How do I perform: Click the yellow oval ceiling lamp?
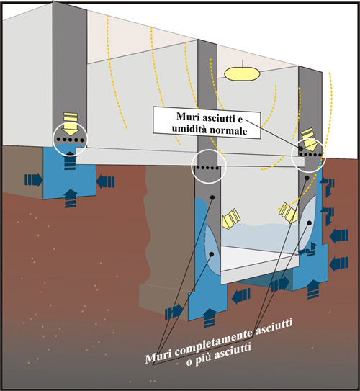pos(242,74)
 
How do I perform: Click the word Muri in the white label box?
pos(187,117)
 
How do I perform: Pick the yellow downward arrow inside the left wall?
pos(71,123)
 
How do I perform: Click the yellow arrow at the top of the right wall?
pos(310,139)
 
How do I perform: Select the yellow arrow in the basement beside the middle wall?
pos(230,219)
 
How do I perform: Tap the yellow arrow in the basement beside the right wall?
pos(289,212)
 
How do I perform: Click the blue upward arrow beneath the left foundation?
pos(71,198)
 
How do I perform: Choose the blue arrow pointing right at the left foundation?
pos(34,179)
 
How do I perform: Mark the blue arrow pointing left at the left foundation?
pos(105,181)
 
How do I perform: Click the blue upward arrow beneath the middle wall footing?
pos(210,318)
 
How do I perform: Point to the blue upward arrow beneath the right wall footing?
pos(313,289)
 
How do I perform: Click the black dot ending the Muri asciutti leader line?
pos(301,148)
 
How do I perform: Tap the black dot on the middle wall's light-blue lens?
pos(212,254)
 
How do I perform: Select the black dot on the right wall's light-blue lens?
pos(310,223)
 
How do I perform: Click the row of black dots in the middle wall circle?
pos(207,168)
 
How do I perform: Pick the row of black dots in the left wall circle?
pos(71,140)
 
